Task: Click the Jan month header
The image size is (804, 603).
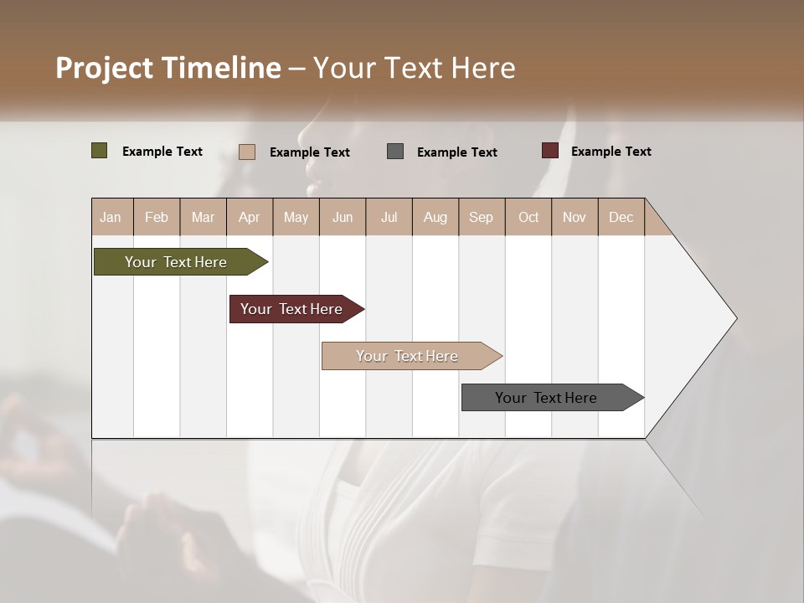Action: [x=111, y=217]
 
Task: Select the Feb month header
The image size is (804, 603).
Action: [x=157, y=217]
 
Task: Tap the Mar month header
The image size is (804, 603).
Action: [x=203, y=217]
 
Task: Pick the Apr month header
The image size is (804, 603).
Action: [x=250, y=217]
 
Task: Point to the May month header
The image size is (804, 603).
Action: [x=296, y=217]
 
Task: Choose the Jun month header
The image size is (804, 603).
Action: [x=343, y=217]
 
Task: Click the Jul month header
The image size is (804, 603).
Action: [x=389, y=217]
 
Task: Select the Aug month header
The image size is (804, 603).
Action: [x=435, y=217]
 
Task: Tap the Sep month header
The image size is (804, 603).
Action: [x=482, y=217]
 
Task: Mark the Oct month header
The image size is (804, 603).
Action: [x=528, y=217]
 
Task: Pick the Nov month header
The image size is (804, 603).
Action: [x=575, y=217]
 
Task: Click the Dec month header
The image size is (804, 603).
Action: [x=621, y=217]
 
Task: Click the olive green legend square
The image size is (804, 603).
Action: [x=100, y=151]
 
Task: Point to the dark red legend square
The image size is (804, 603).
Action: [x=549, y=151]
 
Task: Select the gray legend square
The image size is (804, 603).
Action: [x=395, y=152]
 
